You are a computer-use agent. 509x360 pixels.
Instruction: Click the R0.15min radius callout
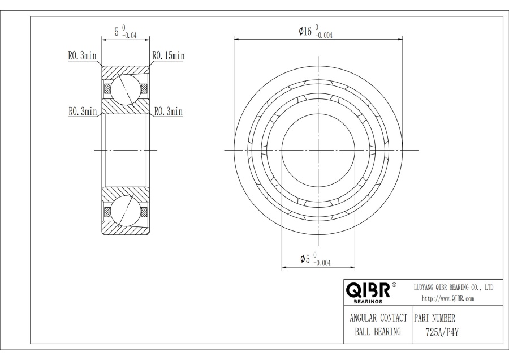click(169, 56)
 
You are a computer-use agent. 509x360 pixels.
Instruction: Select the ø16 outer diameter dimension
click(316, 32)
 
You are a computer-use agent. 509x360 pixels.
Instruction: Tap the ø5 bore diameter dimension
click(316, 259)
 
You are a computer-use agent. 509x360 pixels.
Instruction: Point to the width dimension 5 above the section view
click(126, 32)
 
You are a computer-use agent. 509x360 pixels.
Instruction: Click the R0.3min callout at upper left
click(82, 56)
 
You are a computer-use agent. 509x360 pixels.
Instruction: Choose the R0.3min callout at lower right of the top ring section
click(169, 112)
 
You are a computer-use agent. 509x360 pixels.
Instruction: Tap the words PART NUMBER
click(435, 318)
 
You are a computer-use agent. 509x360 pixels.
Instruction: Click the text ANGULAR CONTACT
click(378, 318)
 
